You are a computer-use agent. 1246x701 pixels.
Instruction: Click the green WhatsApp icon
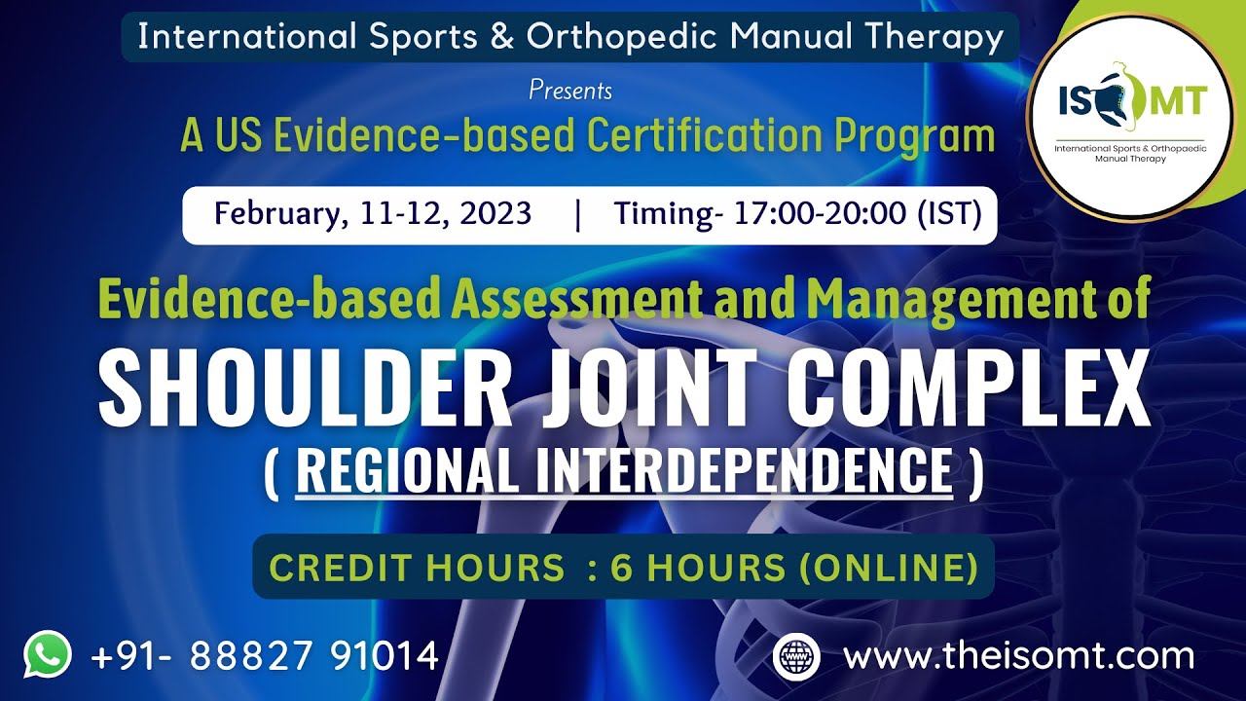point(48,655)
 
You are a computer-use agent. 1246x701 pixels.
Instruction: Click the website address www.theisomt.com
point(1018,655)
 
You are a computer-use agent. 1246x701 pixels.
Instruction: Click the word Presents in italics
point(570,91)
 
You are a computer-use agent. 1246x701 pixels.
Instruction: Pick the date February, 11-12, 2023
point(373,213)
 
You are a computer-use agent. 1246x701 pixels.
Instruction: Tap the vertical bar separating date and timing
point(578,214)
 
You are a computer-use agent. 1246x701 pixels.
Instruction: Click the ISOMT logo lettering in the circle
point(1131,101)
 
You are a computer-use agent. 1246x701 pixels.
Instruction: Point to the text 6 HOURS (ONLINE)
point(793,568)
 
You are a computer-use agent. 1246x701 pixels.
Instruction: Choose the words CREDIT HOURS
point(417,568)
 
